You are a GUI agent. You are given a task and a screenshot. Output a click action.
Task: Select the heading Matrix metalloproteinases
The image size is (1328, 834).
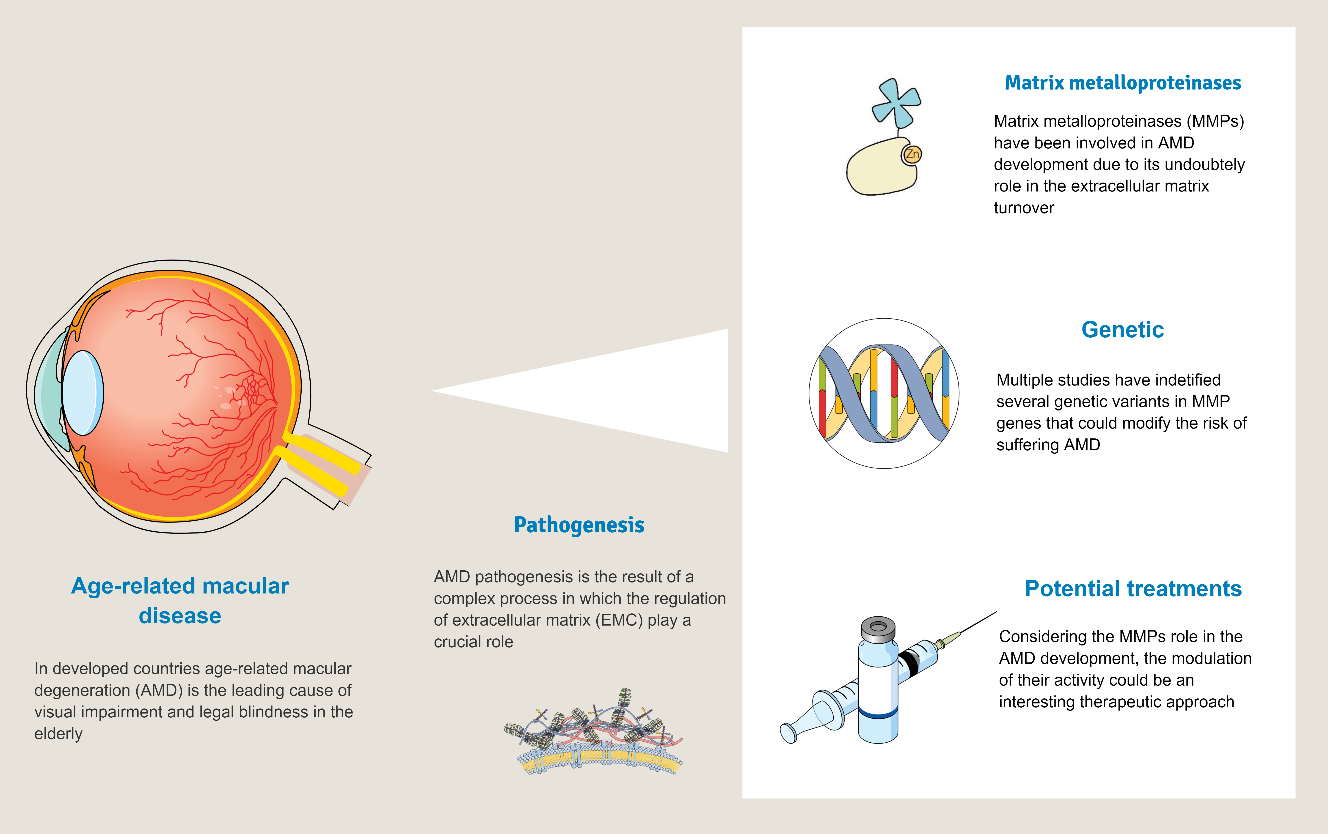coord(1123,83)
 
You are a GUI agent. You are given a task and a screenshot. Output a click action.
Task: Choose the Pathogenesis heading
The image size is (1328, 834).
coord(579,525)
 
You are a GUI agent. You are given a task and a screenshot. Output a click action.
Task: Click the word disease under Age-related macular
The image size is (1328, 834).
coord(180,616)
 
